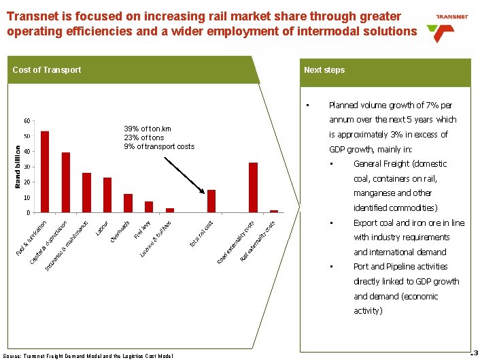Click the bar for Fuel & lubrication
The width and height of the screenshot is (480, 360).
coord(45,171)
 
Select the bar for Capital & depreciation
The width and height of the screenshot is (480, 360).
coord(66,182)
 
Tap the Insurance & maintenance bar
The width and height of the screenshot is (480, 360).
coord(86,193)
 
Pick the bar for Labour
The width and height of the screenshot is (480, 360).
coord(107,195)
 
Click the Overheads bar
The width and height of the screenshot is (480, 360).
coord(128,203)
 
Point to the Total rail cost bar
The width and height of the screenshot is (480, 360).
coord(211,201)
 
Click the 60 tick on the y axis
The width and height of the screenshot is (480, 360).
coord(25,121)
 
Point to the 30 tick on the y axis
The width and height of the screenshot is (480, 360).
coord(25,167)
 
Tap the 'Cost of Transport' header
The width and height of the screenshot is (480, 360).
coord(47,70)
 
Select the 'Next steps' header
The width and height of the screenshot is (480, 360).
coord(324,70)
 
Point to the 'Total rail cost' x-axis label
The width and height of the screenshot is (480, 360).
coord(202,231)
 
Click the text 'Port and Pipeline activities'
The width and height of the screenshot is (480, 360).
coord(400,267)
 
